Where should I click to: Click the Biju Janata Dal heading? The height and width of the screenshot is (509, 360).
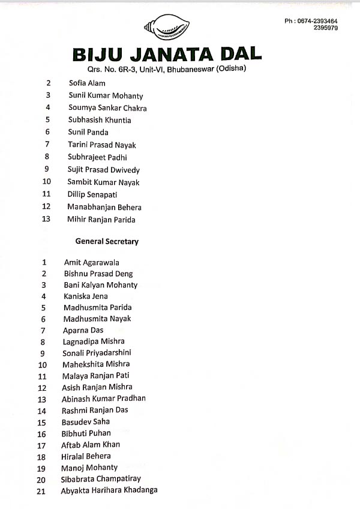coord(167,55)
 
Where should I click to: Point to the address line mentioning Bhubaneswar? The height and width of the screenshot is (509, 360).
coord(167,68)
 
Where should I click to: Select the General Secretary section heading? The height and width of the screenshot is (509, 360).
coord(107,241)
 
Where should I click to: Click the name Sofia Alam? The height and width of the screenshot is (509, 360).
coord(87,83)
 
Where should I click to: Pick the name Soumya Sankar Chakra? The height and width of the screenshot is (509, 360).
coord(107,108)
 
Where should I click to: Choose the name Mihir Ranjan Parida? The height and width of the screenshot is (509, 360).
coord(101,220)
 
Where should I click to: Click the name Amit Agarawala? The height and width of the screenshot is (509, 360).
coord(91,262)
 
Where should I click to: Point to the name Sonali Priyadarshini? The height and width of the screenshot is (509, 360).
coord(97,353)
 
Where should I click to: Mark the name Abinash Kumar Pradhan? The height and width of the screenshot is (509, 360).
coord(104,399)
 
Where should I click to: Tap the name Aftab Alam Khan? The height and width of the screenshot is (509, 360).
coord(91,445)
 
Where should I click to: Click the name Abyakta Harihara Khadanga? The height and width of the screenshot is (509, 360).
coord(109,490)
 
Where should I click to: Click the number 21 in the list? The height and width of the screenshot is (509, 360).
coord(42,491)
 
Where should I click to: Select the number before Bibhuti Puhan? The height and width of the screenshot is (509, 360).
coord(42,434)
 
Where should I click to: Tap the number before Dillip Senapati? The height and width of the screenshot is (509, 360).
coord(47,194)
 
